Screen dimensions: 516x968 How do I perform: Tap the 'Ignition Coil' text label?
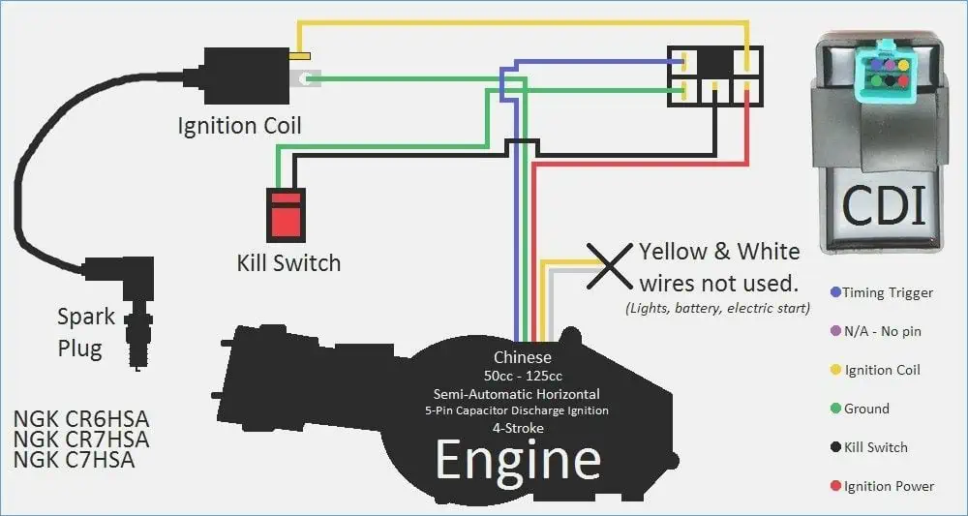[239, 126]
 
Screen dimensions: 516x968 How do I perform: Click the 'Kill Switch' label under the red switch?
[288, 262]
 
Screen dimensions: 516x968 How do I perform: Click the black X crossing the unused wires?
[609, 264]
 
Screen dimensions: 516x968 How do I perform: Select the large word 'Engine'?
[518, 461]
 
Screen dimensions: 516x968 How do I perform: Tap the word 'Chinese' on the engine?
[523, 357]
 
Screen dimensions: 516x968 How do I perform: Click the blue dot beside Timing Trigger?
[835, 292]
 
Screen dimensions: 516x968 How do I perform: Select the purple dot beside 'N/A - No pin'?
[835, 331]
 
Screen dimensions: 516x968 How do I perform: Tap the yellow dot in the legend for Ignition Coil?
[835, 370]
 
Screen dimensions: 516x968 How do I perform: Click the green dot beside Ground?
[835, 409]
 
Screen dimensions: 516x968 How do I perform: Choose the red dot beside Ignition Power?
[835, 486]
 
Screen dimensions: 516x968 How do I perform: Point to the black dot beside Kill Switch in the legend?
[835, 447]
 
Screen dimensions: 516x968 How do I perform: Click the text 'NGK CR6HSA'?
[81, 419]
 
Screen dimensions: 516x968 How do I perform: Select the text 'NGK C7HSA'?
[75, 460]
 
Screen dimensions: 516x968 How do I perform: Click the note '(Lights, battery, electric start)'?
[717, 308]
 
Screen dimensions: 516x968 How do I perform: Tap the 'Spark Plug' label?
[85, 332]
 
